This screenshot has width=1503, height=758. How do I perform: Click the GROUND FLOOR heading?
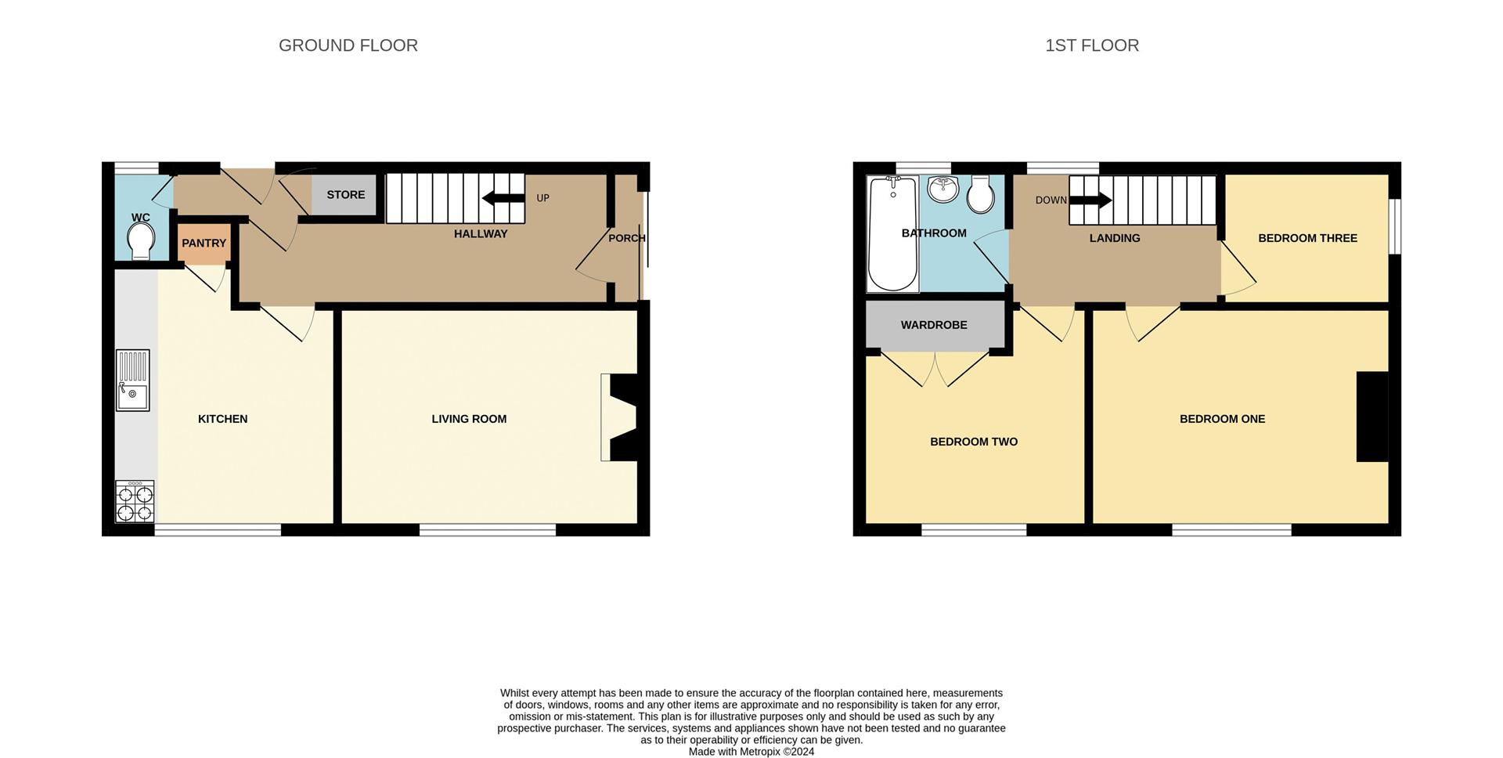tap(348, 45)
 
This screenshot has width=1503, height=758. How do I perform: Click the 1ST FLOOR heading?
tap(1092, 45)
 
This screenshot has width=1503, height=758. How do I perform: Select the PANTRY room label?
tap(204, 244)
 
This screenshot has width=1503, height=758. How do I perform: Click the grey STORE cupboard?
tap(344, 195)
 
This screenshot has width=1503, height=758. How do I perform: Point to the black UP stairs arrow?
tap(503, 198)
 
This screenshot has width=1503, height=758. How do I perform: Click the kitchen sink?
tap(133, 381)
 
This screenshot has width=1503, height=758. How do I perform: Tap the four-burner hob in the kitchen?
tap(135, 502)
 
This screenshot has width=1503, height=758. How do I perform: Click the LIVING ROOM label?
tap(469, 419)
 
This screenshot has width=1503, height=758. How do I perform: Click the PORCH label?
tap(626, 238)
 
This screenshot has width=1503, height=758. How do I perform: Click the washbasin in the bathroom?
tap(943, 189)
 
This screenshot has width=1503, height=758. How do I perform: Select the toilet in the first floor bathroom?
tap(981, 194)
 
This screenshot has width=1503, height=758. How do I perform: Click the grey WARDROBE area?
tap(935, 324)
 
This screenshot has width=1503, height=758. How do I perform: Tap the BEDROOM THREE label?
tap(1307, 238)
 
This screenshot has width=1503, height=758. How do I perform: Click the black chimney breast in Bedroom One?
tap(1371, 417)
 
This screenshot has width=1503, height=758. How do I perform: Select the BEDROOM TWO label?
tap(974, 442)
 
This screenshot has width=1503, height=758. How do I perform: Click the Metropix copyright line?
tap(751, 752)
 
